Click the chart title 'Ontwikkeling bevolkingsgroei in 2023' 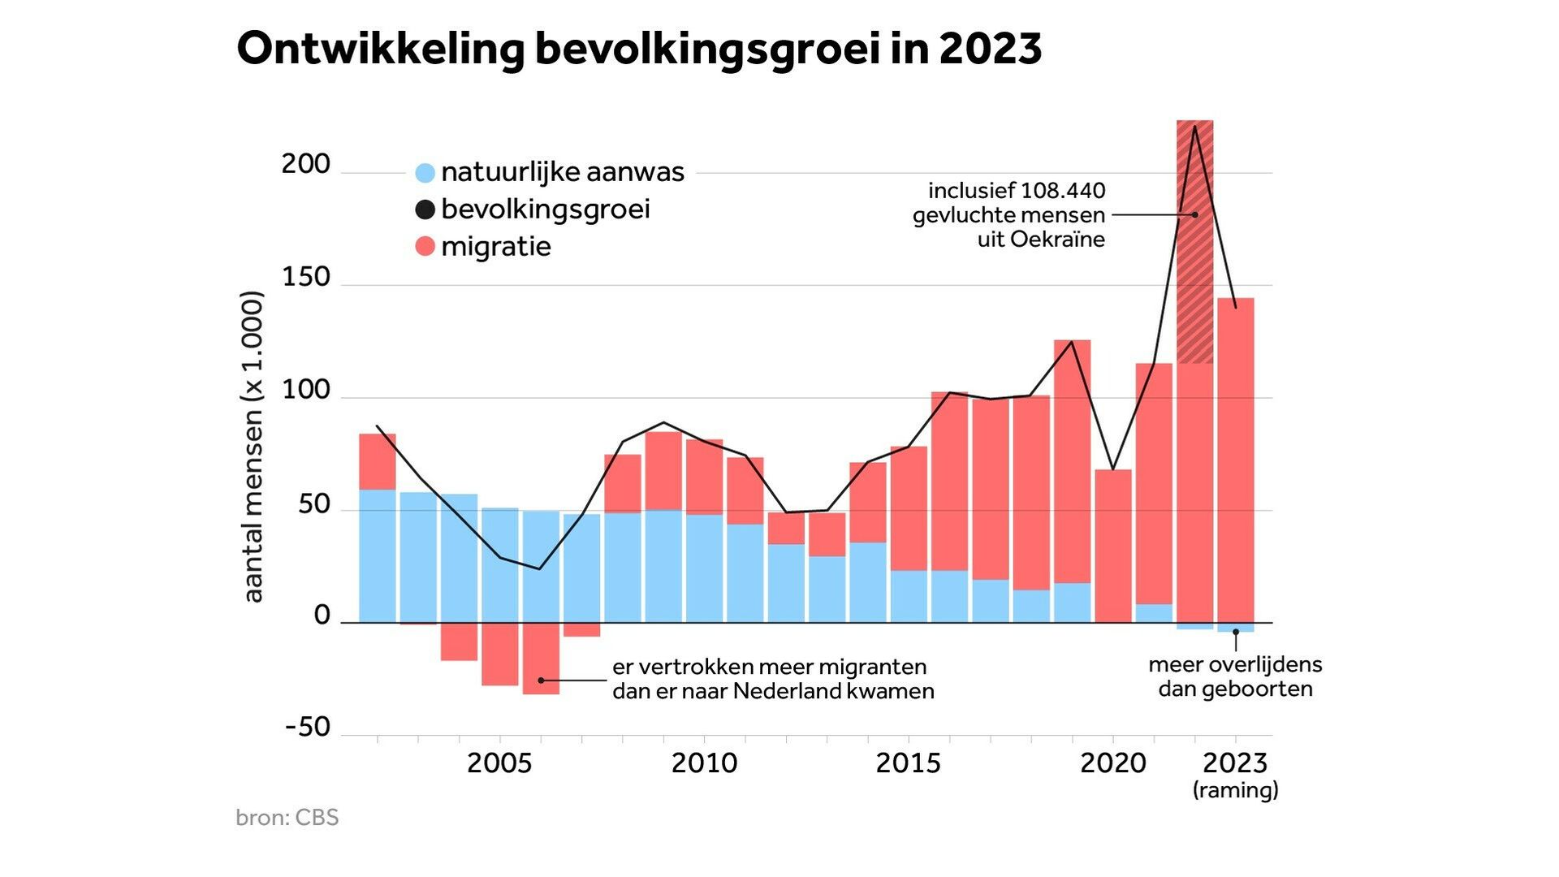[x=639, y=49]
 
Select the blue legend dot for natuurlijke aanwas [x=425, y=173]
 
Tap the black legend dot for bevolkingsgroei [x=425, y=210]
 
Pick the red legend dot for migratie [x=425, y=246]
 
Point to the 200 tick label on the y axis [x=305, y=164]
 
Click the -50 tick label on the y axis [x=308, y=727]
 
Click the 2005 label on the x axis [x=499, y=763]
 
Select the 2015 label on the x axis [x=908, y=763]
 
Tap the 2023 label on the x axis [x=1234, y=763]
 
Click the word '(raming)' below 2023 [x=1235, y=789]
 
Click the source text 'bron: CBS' [x=287, y=817]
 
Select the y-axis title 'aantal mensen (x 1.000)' [x=253, y=447]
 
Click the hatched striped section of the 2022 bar [x=1194, y=244]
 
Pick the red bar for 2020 [x=1112, y=546]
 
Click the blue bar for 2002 [x=378, y=556]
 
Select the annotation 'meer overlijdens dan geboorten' [x=1235, y=676]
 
